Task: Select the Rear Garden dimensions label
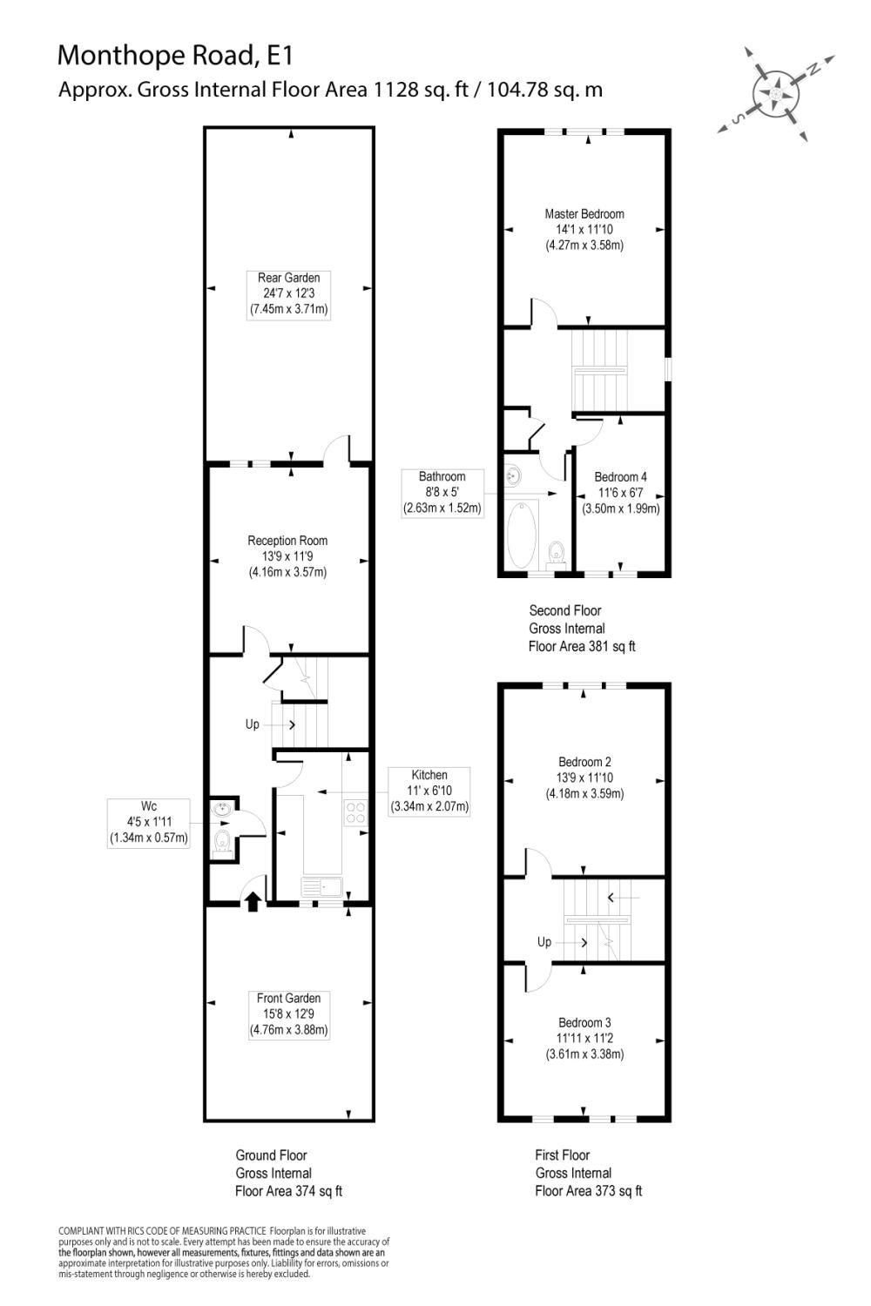288,294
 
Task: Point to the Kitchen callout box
429,791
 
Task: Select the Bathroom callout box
442,493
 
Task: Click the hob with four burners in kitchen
356,812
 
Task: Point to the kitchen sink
323,886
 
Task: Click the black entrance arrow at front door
253,901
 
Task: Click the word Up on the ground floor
252,724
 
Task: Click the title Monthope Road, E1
175,56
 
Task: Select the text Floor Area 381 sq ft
582,646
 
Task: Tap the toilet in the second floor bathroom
556,551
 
